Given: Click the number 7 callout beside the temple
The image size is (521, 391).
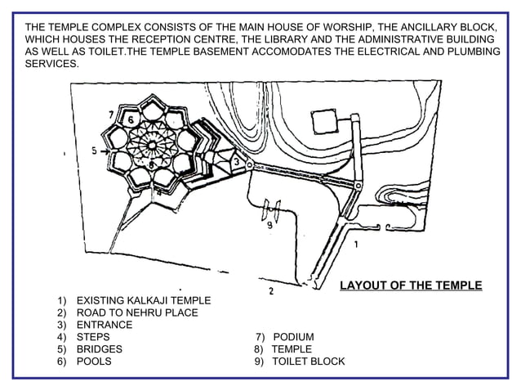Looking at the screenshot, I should point(111,114).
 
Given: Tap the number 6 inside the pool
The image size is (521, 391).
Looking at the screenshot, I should point(129,120).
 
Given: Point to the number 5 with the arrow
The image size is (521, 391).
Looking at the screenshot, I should point(94,151).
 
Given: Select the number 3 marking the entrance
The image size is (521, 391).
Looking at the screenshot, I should point(236,162).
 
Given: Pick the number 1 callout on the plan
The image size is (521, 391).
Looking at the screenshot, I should point(355,244).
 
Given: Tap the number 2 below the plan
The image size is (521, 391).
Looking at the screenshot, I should point(270,290).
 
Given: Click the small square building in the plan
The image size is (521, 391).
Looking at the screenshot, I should point(325,122).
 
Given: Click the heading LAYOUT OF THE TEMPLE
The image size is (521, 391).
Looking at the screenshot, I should point(410,285).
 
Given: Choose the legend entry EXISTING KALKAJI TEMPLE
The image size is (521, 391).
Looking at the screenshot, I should point(143,301).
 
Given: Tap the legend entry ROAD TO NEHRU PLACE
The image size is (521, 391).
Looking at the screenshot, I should point(136,312).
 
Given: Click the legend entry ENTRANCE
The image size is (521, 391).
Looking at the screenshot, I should point(104,325).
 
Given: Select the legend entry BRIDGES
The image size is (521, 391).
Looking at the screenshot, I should point(99,348).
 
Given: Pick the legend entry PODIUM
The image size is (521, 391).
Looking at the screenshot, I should point(293,337).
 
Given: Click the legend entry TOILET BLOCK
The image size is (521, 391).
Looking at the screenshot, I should point(308,361).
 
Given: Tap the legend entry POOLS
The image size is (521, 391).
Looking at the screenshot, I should point(95,361).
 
